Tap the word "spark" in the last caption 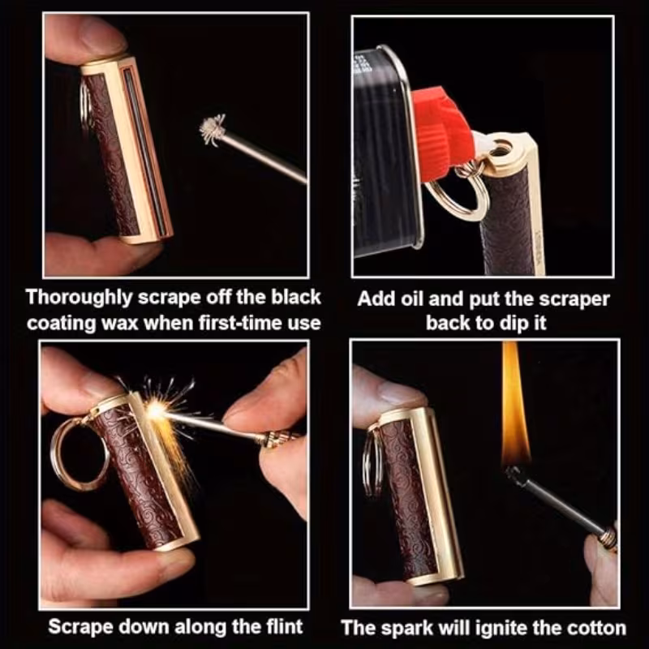413,627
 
